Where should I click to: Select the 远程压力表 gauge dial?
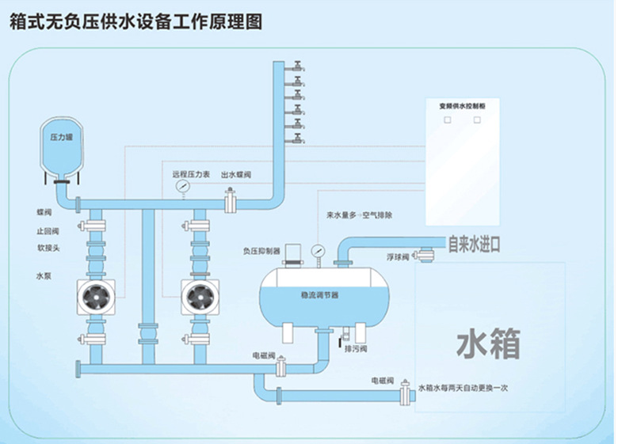184,187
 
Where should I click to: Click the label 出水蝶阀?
235,175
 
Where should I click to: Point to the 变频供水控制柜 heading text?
462,104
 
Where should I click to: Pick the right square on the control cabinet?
477,120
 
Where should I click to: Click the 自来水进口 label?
474,244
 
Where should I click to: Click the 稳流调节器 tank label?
319,294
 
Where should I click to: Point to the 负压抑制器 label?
261,252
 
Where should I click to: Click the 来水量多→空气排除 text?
360,215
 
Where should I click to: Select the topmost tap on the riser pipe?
296,66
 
